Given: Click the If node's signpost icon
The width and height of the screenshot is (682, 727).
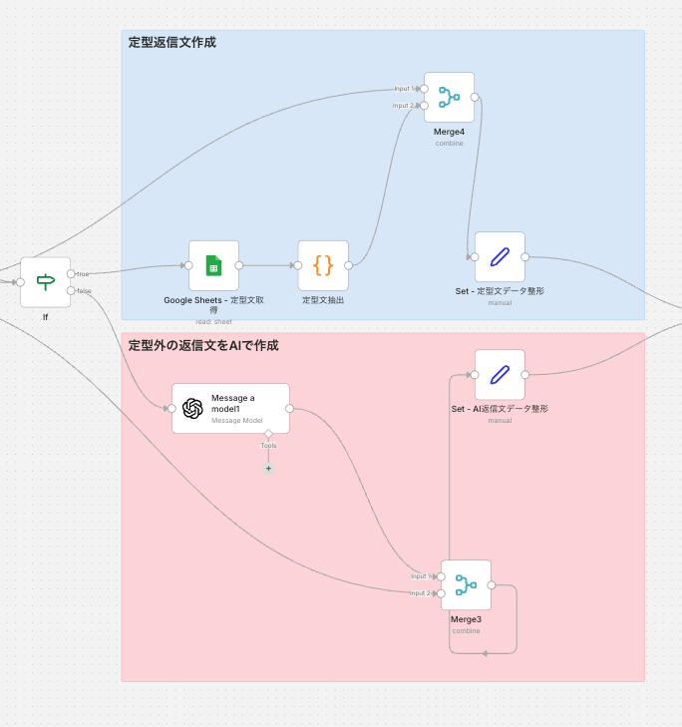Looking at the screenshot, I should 46,282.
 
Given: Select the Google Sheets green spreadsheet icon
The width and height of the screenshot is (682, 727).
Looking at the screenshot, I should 213,265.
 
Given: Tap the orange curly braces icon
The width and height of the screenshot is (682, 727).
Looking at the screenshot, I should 323,265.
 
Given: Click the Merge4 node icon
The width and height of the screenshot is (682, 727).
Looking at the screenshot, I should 449,97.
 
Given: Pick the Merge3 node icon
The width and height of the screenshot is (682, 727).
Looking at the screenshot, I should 466,584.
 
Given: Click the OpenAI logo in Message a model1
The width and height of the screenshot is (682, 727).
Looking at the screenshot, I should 192,408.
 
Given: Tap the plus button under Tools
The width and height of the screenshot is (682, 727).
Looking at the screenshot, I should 268,468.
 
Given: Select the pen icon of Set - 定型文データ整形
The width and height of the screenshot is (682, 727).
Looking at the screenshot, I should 500,256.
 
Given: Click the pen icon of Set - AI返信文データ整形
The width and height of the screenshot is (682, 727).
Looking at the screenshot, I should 500,374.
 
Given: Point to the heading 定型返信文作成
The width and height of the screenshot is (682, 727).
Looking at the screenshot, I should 172,43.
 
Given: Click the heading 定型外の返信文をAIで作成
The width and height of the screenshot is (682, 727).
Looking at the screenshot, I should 203,346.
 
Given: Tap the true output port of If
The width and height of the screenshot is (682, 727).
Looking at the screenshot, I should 71,273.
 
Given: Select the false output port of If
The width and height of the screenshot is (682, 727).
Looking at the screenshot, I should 71,291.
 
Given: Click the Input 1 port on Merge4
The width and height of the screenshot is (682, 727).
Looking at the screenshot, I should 424,89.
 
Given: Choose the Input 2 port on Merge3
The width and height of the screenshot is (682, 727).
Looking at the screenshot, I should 441,593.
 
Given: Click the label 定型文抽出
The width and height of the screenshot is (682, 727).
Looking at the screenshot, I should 323,299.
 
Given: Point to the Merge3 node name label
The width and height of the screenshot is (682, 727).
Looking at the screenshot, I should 466,619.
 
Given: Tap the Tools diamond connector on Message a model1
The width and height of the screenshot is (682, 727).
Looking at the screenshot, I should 268,434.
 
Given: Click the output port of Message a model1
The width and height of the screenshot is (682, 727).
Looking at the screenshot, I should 289,408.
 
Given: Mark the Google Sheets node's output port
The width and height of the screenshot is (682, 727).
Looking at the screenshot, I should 239,265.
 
